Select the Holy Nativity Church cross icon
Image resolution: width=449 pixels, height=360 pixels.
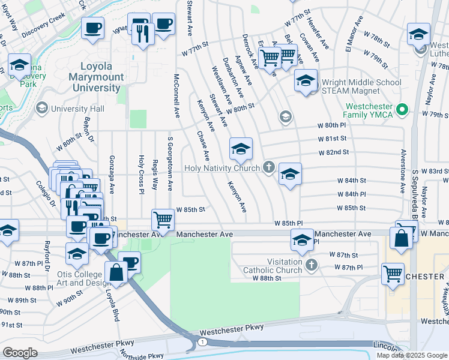pyautogui.click(x=268, y=167)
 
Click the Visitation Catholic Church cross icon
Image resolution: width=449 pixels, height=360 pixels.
pyautogui.click(x=311, y=264)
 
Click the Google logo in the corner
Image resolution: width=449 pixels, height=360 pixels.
pyautogui.click(x=20, y=352)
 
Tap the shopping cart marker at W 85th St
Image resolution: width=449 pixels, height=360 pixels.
pyautogui.click(x=163, y=220)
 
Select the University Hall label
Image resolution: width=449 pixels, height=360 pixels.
pyautogui.click(x=77, y=109)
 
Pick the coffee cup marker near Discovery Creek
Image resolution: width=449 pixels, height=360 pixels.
pyautogui.click(x=92, y=28)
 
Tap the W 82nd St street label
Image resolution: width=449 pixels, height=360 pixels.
pyautogui.click(x=334, y=152)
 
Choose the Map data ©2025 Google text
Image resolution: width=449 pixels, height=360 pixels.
pyautogui.click(x=411, y=355)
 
